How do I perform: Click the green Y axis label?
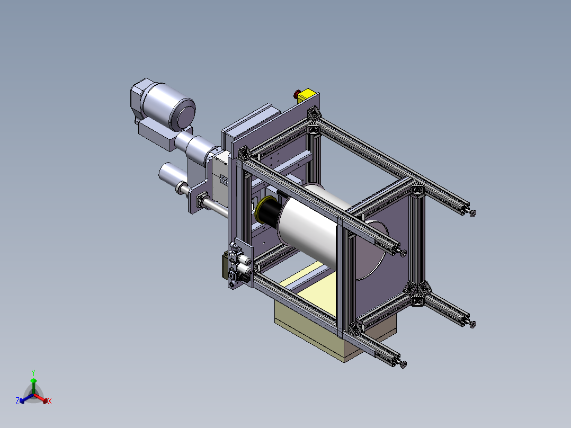pyautogui.click(x=33, y=372)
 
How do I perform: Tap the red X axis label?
pyautogui.click(x=50, y=401)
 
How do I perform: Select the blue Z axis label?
pyautogui.click(x=17, y=401)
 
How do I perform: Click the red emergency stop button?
pyautogui.click(x=297, y=94)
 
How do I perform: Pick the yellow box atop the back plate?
pyautogui.click(x=308, y=95)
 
